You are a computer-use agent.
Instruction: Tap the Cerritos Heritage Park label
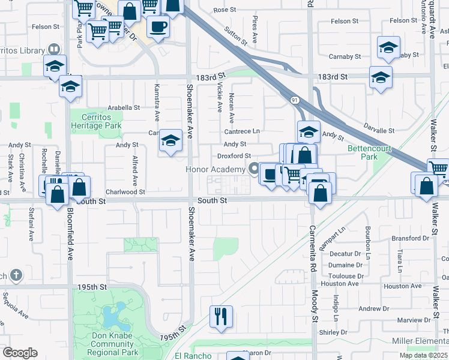pyautogui.click(x=96, y=121)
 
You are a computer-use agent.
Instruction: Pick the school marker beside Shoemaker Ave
pyautogui.click(x=171, y=141)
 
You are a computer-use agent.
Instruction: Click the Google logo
pyautogui.click(x=20, y=353)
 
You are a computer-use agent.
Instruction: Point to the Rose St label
pyautogui.click(x=225, y=10)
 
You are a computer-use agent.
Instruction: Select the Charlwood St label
pyautogui.click(x=125, y=193)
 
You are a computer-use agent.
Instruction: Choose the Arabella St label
pyautogui.click(x=124, y=108)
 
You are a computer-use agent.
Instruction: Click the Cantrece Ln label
pyautogui.click(x=242, y=131)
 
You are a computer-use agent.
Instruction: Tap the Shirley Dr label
pyautogui.click(x=333, y=332)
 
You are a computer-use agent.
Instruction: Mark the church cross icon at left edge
pyautogui.click(x=16, y=275)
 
